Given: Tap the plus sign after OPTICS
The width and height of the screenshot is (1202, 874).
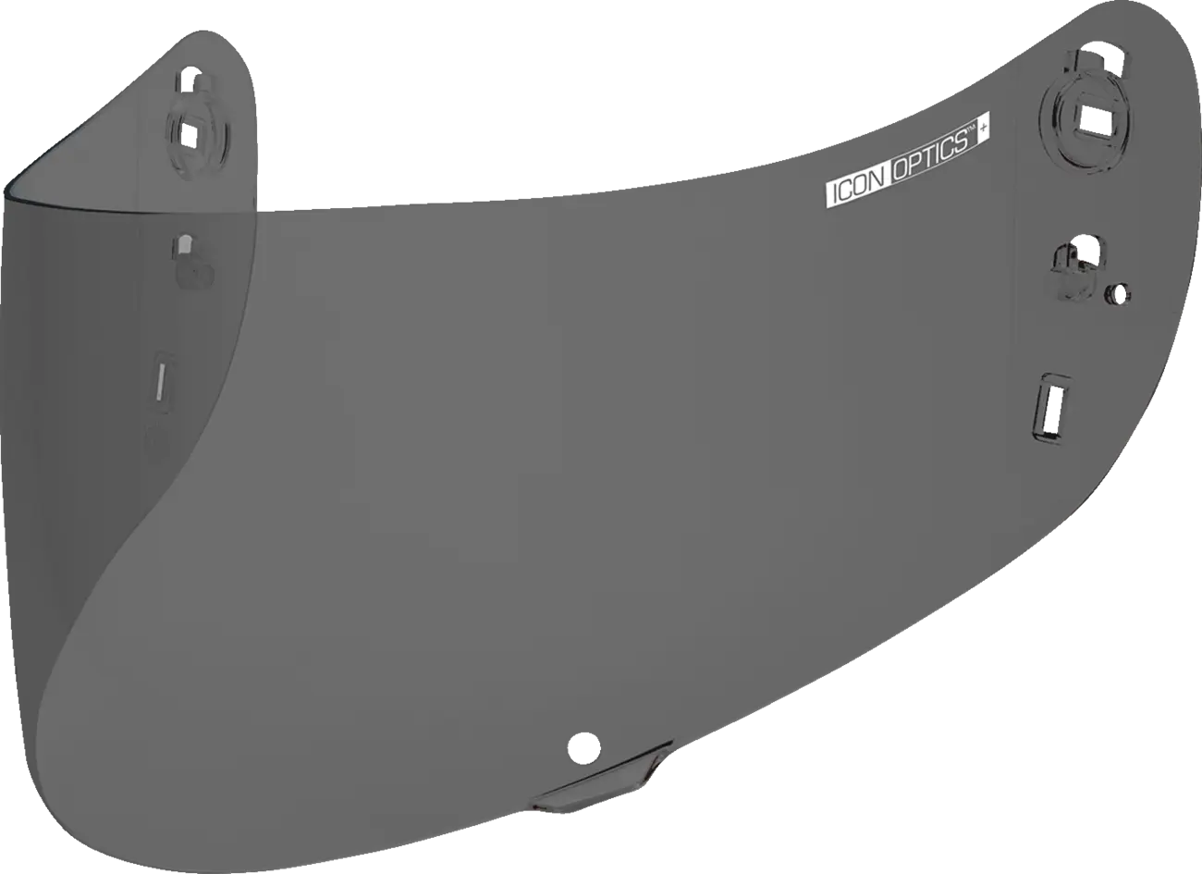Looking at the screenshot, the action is tap(983, 129).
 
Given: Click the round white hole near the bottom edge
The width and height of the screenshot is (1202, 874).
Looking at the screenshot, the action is tap(583, 746).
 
